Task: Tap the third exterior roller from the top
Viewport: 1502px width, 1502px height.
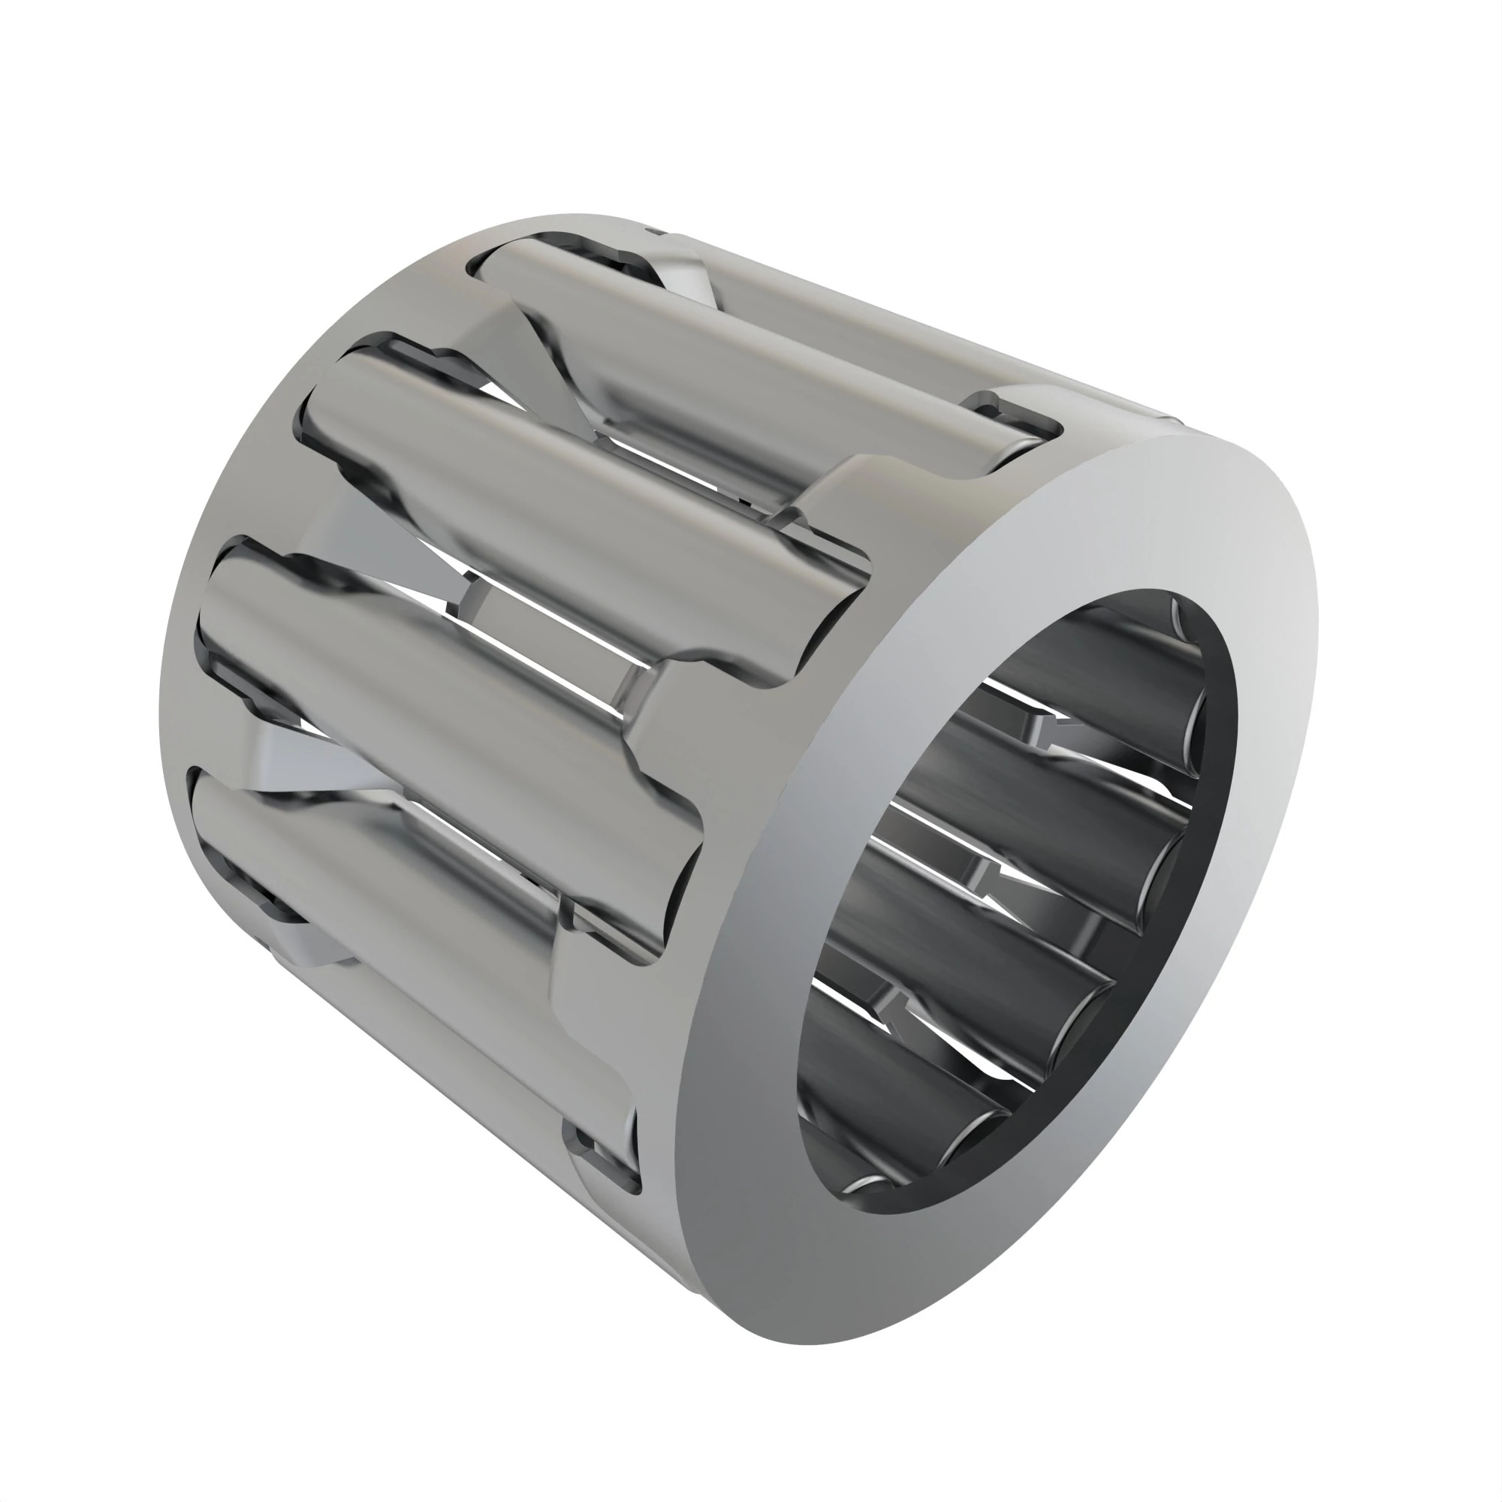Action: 436,684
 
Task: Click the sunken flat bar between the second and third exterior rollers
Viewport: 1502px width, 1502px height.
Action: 544,622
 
